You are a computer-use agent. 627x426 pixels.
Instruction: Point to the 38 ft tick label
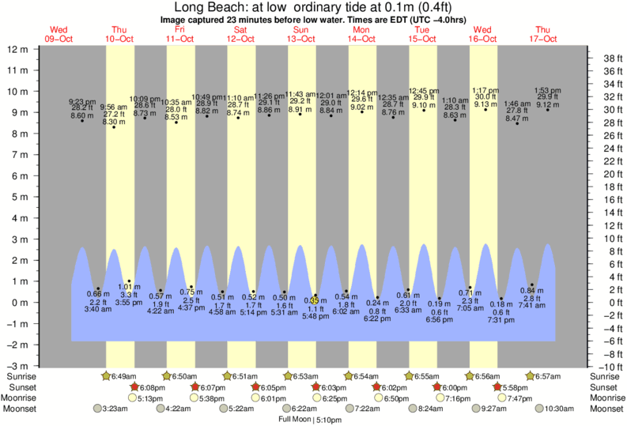[x=610, y=58]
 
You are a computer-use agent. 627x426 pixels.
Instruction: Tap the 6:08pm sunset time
[x=151, y=387]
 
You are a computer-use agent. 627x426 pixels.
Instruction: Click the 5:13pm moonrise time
[x=151, y=398]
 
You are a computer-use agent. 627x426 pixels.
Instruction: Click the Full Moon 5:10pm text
[x=309, y=420]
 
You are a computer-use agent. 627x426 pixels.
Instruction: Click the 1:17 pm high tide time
[x=485, y=90]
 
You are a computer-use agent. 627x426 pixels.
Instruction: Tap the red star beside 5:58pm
[x=497, y=387]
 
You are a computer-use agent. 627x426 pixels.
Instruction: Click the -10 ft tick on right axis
[x=610, y=367]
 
